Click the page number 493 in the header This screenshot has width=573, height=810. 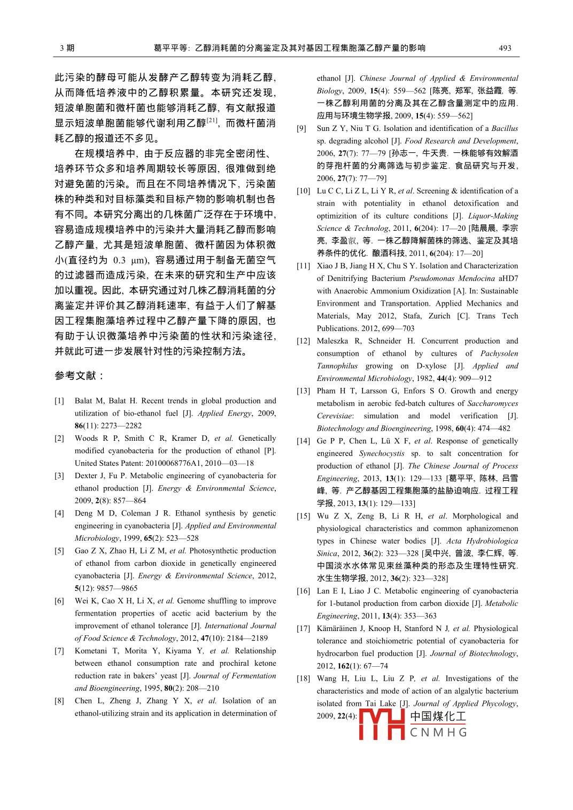click(505, 48)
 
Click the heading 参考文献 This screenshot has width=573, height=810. click(79, 376)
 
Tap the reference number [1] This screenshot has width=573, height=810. click(59, 401)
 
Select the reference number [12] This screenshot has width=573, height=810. click(303, 341)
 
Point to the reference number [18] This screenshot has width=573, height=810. click(303, 679)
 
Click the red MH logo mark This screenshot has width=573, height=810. click(382, 724)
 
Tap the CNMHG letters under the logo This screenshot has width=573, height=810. click(438, 733)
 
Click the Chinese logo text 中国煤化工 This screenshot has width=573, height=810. click(438, 716)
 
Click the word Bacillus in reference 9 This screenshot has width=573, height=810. click(505, 128)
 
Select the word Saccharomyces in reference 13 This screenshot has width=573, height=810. click(491, 403)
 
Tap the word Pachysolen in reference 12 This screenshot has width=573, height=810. click(499, 354)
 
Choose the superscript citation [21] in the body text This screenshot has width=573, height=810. click(212, 120)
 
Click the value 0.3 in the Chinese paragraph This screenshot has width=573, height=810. click(119, 260)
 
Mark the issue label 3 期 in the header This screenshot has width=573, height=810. click(67, 48)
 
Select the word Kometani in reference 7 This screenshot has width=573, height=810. click(91, 651)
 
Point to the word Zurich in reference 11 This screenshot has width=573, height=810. click(439, 316)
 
